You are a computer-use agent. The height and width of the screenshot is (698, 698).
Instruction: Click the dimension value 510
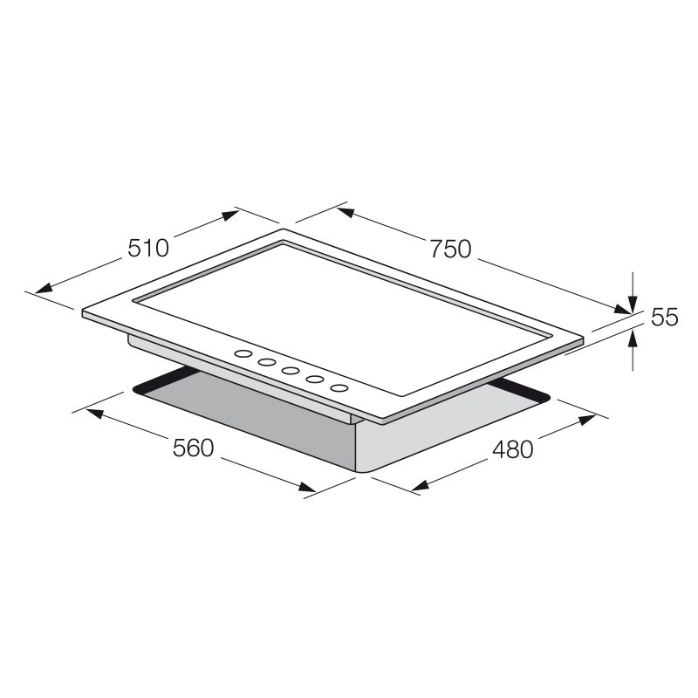[x=148, y=248]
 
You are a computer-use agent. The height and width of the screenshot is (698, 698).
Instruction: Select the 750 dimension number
[x=450, y=249]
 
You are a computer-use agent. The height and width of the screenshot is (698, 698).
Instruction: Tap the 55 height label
[x=664, y=318]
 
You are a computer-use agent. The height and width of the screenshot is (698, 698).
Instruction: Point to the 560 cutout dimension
[x=193, y=448]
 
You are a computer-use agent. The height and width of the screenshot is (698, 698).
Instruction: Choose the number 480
[x=513, y=449]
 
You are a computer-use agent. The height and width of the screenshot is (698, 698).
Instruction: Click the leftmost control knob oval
[x=243, y=354]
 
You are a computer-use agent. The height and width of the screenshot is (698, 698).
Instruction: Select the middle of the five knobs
[x=291, y=371]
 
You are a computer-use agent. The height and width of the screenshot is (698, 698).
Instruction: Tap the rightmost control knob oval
[x=339, y=388]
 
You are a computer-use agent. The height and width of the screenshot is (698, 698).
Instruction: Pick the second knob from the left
[x=267, y=362]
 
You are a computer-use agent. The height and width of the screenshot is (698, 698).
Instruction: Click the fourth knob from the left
[x=315, y=380]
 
